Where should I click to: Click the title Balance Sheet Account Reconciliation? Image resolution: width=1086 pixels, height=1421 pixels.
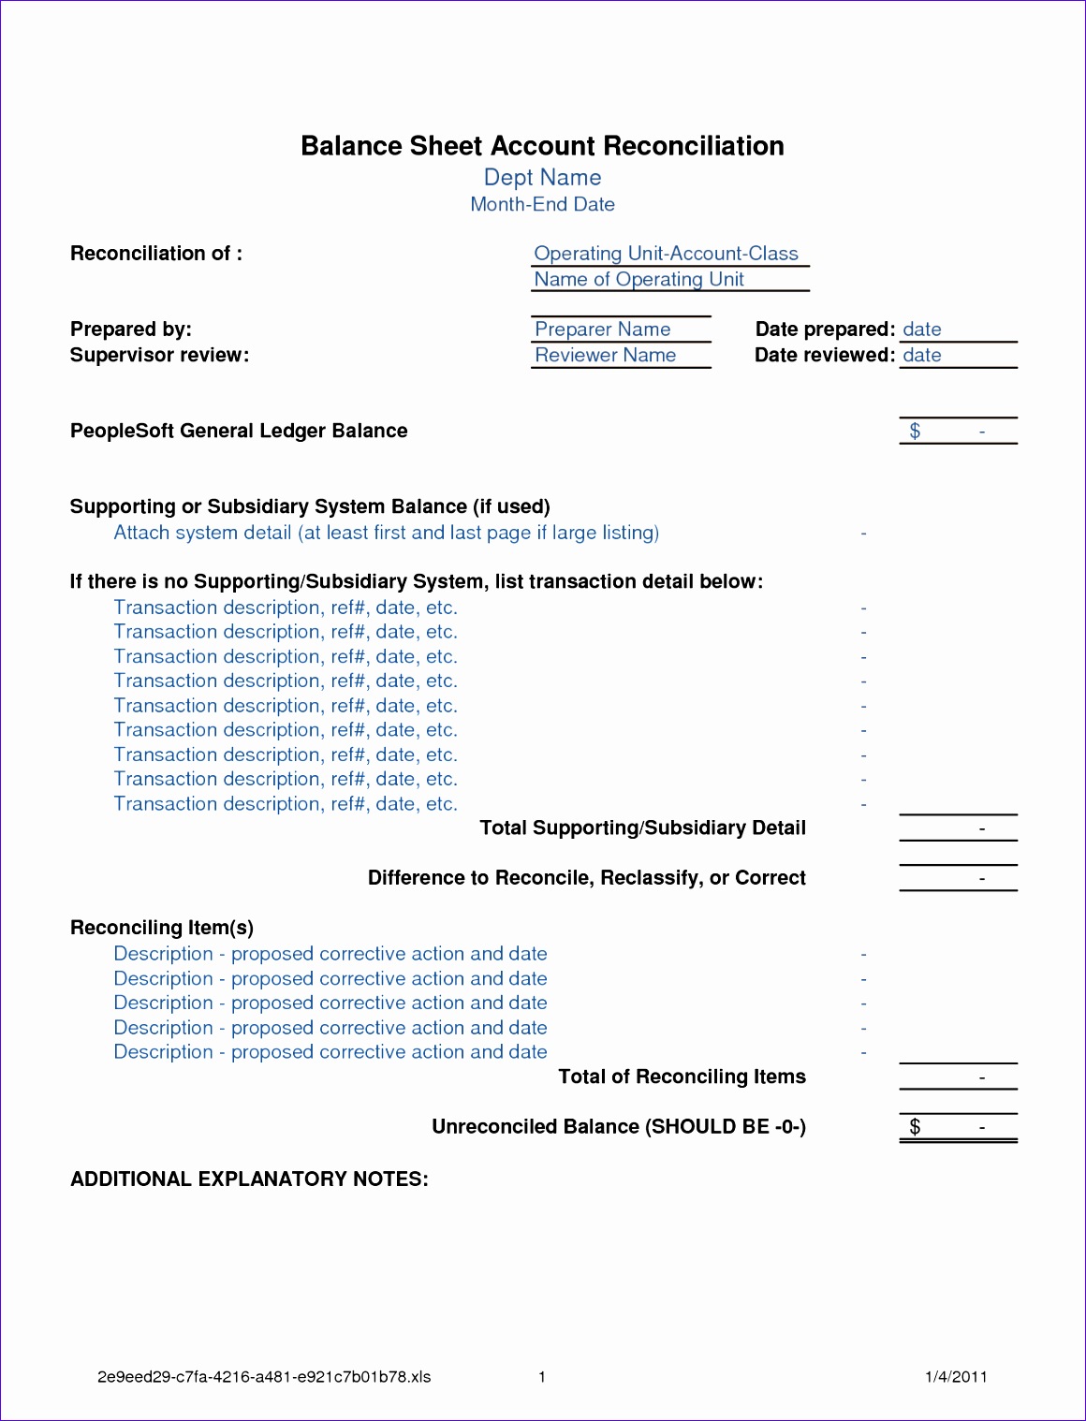(x=542, y=146)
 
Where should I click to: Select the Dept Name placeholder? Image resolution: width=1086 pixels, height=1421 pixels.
(x=542, y=178)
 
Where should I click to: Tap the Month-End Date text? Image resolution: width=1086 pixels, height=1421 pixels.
(x=542, y=204)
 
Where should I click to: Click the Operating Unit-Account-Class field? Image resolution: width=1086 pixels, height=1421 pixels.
(x=666, y=254)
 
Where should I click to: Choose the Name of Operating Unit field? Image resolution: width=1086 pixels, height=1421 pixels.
(x=638, y=280)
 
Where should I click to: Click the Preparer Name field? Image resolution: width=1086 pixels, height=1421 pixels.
(x=602, y=330)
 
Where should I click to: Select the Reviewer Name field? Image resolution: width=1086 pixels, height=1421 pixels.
(x=605, y=356)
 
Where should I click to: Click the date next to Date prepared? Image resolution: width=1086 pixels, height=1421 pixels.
(x=922, y=330)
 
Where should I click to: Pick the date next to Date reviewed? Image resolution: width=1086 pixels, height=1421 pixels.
(x=922, y=356)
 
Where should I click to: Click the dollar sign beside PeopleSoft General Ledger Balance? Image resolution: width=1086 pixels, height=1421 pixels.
(x=915, y=431)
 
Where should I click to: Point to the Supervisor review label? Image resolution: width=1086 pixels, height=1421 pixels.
(x=159, y=356)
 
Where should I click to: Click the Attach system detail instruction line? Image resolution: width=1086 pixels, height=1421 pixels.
(x=386, y=533)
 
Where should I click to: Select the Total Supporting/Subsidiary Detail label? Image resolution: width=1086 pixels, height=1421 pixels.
(x=642, y=828)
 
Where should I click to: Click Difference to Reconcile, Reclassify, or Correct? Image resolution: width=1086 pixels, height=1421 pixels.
(x=586, y=878)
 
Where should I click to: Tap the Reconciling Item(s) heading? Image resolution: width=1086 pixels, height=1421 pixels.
(x=162, y=928)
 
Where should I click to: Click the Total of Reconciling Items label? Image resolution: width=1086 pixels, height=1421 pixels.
(x=682, y=1077)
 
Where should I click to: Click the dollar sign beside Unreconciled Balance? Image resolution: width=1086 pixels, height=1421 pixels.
(x=915, y=1127)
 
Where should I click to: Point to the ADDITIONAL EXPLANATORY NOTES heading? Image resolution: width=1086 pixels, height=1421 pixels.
(x=249, y=1179)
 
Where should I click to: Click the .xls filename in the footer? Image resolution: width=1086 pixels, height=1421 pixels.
(x=264, y=1377)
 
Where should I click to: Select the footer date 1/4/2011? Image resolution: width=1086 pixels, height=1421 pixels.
(x=956, y=1377)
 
